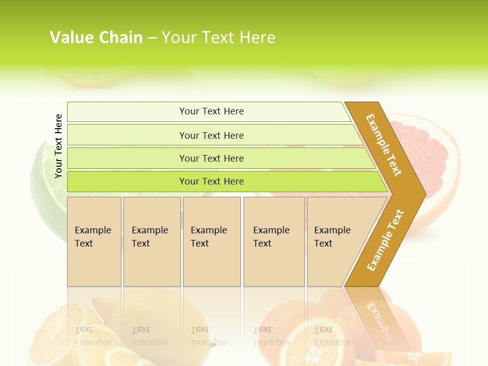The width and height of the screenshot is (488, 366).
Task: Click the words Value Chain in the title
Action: point(96,37)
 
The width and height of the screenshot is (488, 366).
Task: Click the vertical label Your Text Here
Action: point(58,146)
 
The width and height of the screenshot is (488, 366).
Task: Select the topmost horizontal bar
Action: point(208,111)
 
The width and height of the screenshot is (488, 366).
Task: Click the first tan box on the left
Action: point(94,241)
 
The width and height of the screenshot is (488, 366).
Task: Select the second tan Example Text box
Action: point(151,241)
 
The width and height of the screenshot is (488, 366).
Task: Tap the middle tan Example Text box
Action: point(211,241)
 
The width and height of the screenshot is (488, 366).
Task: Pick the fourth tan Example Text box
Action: point(274,241)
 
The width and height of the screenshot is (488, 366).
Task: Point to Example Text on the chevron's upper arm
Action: point(384,145)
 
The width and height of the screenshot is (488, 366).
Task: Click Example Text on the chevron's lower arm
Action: point(385,240)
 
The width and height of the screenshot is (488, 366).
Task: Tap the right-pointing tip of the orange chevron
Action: point(423,194)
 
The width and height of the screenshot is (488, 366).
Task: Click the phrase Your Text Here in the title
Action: point(219,37)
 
